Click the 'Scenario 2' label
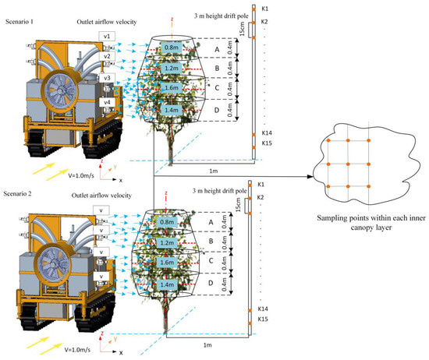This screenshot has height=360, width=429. [23, 192]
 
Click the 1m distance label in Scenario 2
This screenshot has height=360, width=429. [207, 344]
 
